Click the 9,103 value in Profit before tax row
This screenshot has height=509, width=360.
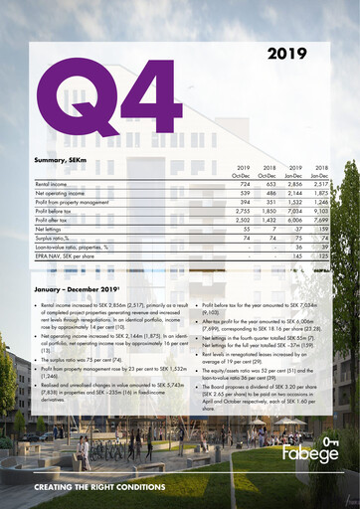(319, 212)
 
